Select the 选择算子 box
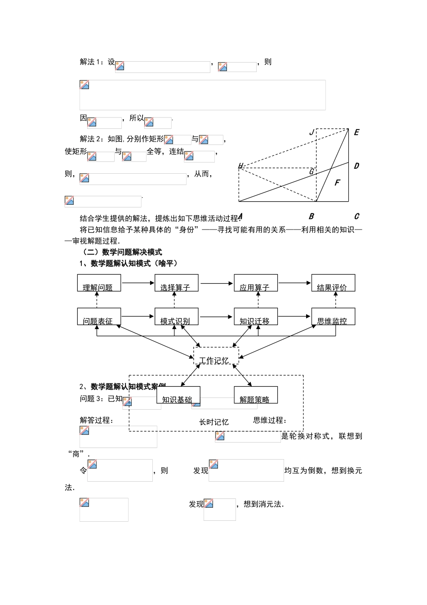[176, 283]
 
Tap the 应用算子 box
[255, 283]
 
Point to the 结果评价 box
[333, 283]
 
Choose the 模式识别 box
[176, 316]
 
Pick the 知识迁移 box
[255, 316]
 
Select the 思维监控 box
[333, 316]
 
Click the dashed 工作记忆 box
[216, 356]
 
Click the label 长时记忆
[214, 422]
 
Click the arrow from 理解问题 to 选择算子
[138, 283]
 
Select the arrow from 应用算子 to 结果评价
[294, 283]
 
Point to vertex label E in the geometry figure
[356, 132]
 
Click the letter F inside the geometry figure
[337, 182]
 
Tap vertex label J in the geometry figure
[311, 132]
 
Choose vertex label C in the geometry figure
[356, 216]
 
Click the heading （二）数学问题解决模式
[123, 252]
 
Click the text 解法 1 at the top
[91, 62]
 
